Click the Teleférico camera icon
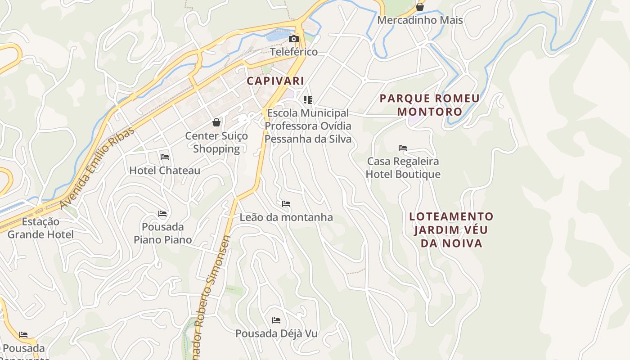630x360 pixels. [293, 39]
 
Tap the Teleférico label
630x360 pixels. [294, 52]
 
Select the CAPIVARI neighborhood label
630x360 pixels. [275, 81]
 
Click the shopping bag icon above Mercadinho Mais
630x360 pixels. [420, 7]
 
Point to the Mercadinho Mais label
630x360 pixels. [420, 20]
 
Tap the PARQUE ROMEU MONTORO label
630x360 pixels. [430, 105]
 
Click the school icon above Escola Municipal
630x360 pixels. [308, 99]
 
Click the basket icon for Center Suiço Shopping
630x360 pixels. [216, 122]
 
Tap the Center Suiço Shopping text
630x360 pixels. [216, 142]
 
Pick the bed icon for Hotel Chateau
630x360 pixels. [165, 157]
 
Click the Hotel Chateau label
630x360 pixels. [165, 171]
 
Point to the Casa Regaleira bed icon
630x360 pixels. [403, 148]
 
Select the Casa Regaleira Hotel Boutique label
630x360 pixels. [403, 167]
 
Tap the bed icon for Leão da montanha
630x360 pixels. [286, 204]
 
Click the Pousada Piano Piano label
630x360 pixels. [162, 233]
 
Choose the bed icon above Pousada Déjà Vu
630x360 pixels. [276, 320]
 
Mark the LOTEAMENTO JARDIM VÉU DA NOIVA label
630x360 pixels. [451, 230]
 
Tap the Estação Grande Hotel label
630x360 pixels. [40, 228]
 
